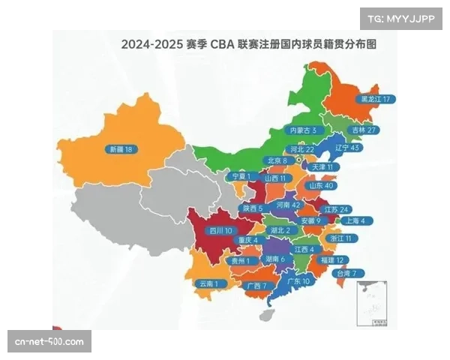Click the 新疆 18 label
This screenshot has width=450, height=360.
(x=121, y=149)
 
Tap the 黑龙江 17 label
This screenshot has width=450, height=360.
(x=376, y=99)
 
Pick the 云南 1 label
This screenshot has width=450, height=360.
(x=207, y=283)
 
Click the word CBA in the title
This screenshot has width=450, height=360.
(x=222, y=44)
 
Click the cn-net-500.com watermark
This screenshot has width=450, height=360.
(x=50, y=342)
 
